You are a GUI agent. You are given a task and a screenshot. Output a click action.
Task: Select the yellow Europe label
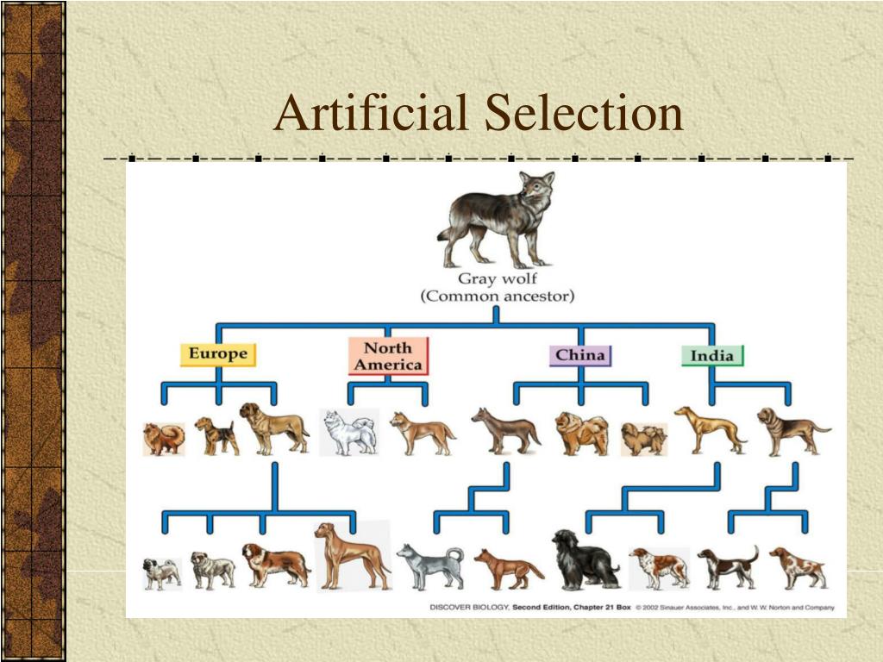218,353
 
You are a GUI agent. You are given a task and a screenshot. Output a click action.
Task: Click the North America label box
388,356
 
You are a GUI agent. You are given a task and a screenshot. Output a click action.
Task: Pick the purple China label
580,355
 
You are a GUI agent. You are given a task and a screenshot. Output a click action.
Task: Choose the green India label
712,355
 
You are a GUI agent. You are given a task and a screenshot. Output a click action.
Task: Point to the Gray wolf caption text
497,279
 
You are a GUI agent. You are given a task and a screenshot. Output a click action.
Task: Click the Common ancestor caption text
497,297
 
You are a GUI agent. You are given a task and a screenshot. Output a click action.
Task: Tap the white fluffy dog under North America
348,432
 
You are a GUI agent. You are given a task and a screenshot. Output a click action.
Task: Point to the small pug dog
161,573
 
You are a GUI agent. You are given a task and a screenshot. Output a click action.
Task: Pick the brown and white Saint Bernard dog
274,565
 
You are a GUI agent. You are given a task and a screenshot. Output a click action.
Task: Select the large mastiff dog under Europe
273,428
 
